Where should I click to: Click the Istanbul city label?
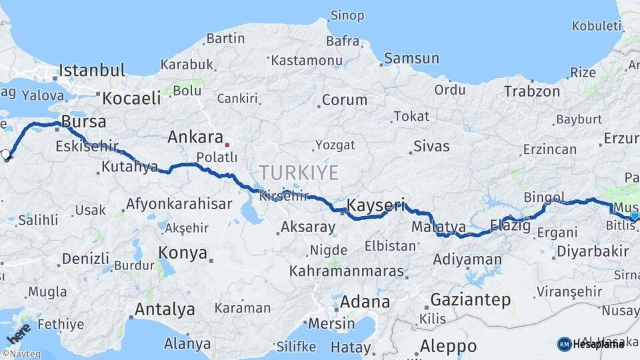92,71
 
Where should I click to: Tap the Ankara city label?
195,138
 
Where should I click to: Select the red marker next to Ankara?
227,143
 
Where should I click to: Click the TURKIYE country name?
299,173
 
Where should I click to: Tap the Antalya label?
165,309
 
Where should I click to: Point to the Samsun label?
411,59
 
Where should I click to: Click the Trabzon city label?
532,91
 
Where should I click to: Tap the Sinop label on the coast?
347,15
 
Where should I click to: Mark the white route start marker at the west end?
6,155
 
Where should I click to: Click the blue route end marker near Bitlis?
633,215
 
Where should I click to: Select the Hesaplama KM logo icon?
564,344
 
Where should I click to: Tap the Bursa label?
83,122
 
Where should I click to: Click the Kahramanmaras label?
347,271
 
